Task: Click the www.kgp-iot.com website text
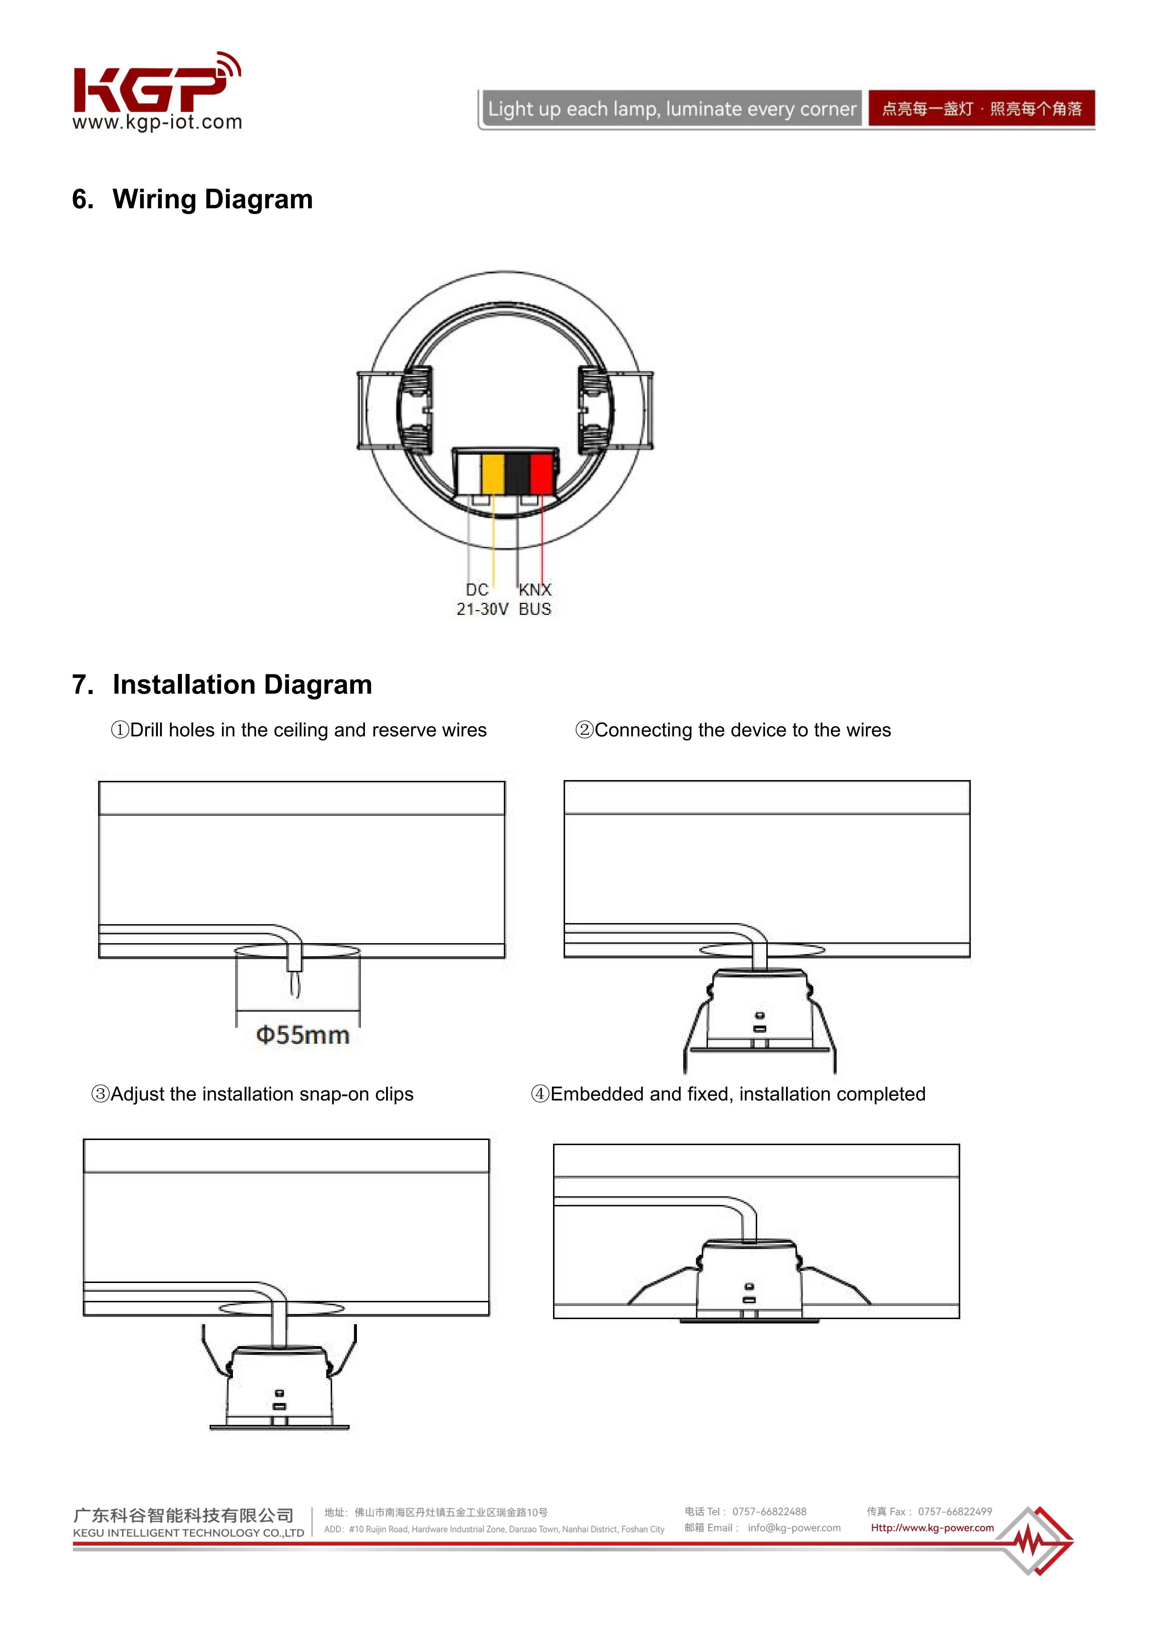tap(157, 122)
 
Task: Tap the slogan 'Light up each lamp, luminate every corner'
tap(671, 109)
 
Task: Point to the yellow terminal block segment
tap(493, 473)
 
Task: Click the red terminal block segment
tap(541, 473)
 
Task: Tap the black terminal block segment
tap(517, 473)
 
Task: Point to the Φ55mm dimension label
tap(303, 1035)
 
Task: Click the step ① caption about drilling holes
tap(299, 730)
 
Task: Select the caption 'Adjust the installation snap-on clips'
tap(252, 1094)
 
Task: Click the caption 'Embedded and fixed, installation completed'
tap(728, 1094)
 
